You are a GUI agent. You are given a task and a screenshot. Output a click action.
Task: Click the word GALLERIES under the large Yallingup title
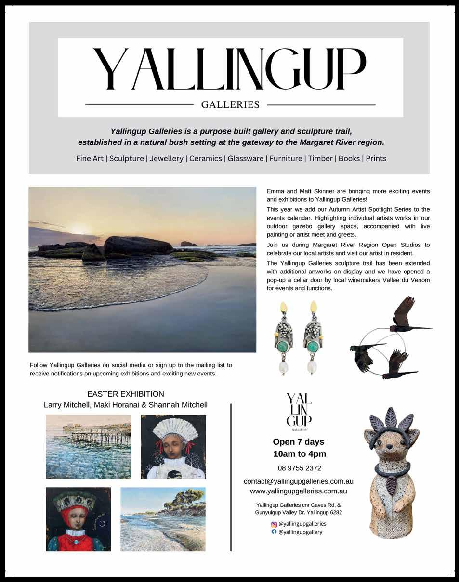tap(230, 104)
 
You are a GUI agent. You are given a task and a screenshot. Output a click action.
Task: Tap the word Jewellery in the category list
tap(166, 158)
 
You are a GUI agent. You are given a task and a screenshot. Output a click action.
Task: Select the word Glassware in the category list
tap(246, 158)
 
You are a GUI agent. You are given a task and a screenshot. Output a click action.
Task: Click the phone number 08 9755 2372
tap(299, 468)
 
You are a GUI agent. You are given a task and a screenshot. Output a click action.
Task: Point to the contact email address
tap(299, 481)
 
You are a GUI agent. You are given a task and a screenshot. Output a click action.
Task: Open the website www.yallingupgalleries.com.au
tap(299, 491)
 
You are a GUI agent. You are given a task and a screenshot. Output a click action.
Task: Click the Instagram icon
tap(275, 524)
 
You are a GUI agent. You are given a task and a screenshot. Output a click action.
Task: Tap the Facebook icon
tap(275, 532)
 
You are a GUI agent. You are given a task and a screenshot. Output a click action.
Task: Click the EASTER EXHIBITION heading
tap(125, 394)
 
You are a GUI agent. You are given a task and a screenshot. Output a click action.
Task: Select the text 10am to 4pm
tap(300, 454)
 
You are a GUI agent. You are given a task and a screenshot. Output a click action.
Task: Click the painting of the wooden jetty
tap(88, 447)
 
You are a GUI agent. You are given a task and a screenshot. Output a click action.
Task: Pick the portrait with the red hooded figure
tap(78, 519)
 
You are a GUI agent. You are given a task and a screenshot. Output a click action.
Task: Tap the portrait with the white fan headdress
tap(173, 447)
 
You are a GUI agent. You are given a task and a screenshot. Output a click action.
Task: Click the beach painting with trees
tap(163, 519)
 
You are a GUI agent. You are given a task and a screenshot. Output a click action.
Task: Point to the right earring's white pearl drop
tap(312, 368)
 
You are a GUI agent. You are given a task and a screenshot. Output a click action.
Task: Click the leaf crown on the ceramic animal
tap(391, 423)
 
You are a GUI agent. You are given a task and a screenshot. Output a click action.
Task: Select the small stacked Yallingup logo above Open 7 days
tap(299, 411)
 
